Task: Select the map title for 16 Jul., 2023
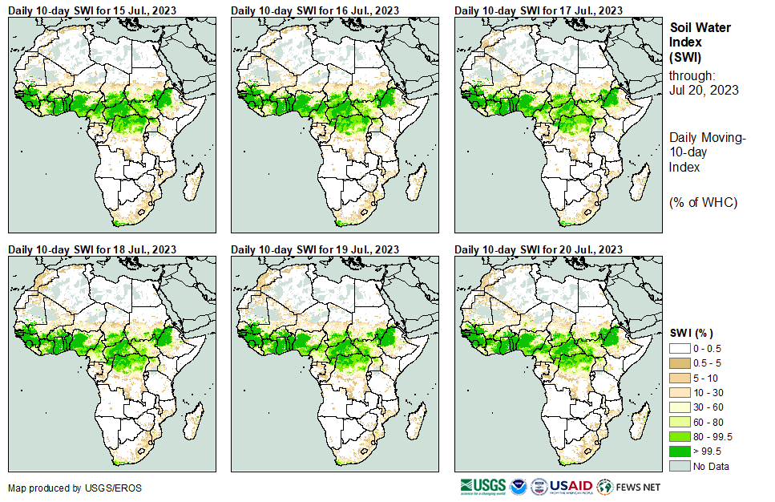coord(315,10)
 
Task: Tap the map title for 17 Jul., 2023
coord(539,10)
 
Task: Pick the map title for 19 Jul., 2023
coord(315,249)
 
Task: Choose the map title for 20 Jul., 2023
coord(539,249)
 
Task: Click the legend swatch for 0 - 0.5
coord(680,348)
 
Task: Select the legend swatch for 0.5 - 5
coord(680,362)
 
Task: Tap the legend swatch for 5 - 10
coord(680,378)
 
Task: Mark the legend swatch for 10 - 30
coord(680,392)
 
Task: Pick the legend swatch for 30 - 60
coord(680,407)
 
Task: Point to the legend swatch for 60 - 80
coord(680,422)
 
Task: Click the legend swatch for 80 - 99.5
coord(680,436)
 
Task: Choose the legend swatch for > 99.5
coord(680,451)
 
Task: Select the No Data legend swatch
coord(680,466)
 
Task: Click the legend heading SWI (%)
coord(691,333)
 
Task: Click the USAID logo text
coord(571,487)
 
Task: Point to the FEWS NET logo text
coord(640,487)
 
